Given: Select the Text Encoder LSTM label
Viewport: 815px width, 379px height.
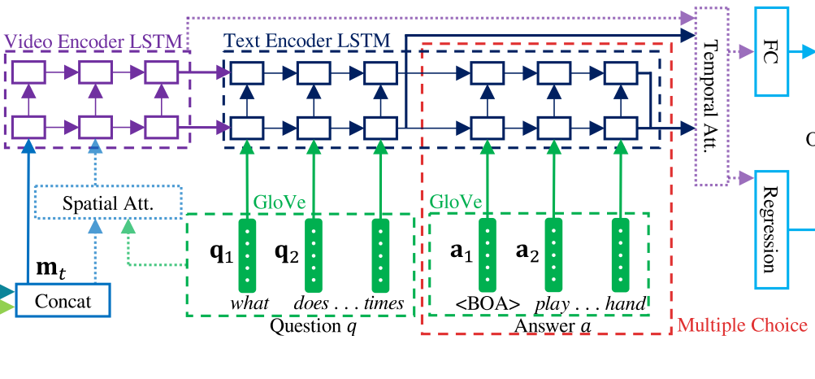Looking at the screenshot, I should click(306, 39).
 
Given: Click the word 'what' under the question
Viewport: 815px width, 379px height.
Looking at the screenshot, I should click(249, 303).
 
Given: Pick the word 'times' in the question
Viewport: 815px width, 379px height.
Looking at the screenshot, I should click(384, 303).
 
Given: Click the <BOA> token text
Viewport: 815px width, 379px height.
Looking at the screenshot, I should click(488, 304).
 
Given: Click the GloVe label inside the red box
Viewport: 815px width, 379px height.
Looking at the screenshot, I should click(455, 200).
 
